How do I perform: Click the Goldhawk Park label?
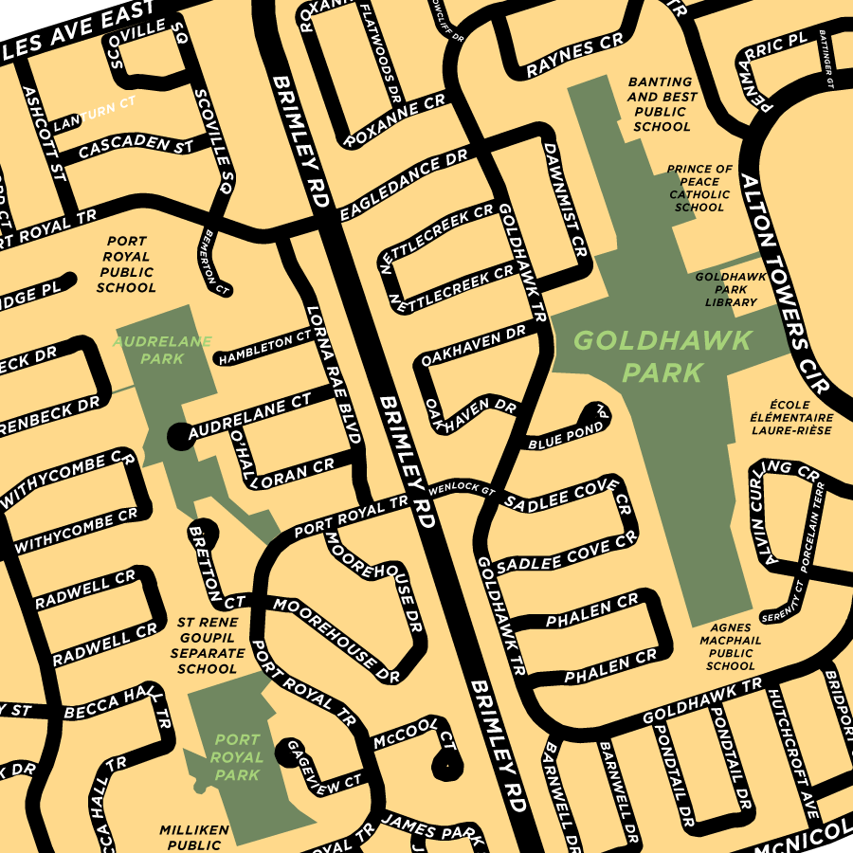(x=662, y=355)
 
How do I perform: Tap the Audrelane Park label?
(x=163, y=350)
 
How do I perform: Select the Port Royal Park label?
(x=237, y=757)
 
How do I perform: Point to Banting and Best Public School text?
(x=662, y=104)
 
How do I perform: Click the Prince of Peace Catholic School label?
(x=699, y=188)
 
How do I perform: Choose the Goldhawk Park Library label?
(x=725, y=289)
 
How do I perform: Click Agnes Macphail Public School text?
(x=730, y=646)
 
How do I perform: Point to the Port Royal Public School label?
(x=126, y=264)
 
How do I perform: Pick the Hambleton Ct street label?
(x=264, y=347)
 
